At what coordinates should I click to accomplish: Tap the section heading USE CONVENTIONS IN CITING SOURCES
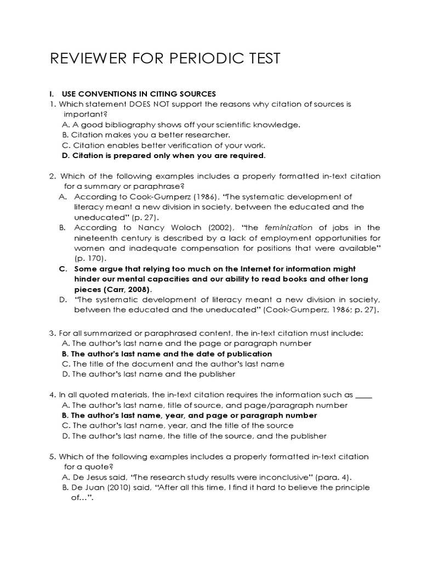coord(139,93)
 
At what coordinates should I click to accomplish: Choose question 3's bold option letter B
coord(66,354)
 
